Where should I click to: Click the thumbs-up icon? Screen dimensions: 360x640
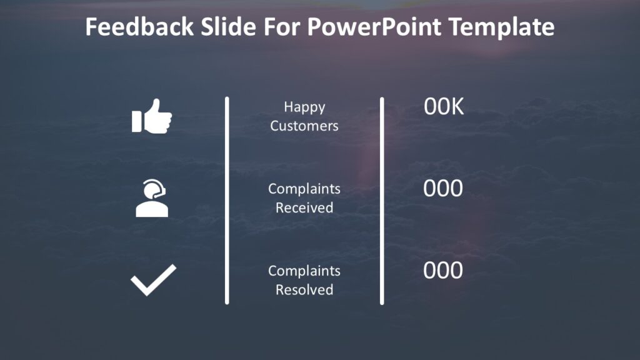(152, 117)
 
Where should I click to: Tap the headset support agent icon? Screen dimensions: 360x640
(152, 198)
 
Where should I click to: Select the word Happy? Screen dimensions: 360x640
(304, 107)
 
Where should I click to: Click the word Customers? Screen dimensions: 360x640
(304, 126)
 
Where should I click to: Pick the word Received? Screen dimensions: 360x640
(304, 207)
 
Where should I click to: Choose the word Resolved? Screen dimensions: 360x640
(304, 289)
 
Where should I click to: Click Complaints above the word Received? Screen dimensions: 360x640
(304, 189)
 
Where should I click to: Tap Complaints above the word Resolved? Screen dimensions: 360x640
(304, 271)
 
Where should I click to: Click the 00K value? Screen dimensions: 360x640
(444, 107)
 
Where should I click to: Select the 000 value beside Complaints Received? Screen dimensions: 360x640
(443, 189)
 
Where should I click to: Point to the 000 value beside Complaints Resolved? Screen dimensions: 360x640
(443, 271)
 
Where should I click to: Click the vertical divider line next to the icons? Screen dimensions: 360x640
(227, 200)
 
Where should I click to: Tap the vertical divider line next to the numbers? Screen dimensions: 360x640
(382, 200)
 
